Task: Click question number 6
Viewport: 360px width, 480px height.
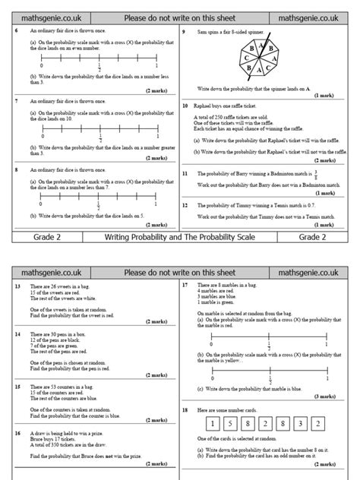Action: (17, 31)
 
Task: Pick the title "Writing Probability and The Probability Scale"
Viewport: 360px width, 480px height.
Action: (179, 238)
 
